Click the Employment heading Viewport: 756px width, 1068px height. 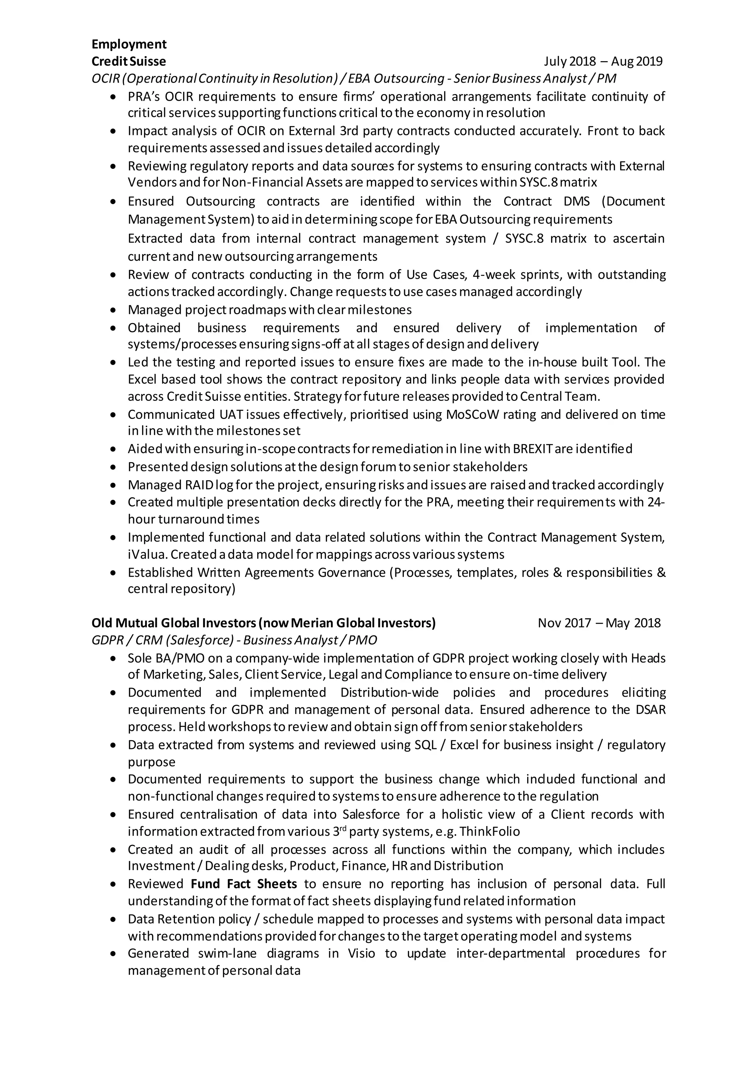click(129, 44)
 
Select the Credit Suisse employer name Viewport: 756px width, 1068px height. click(128, 61)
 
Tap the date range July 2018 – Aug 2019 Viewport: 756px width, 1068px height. click(603, 61)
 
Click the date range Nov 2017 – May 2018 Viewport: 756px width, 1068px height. click(599, 623)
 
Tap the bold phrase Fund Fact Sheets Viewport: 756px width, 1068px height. click(244, 884)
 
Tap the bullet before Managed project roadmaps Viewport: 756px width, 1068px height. click(113, 310)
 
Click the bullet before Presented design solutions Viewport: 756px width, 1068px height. click(113, 467)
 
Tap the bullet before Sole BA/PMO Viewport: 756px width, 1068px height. click(113, 659)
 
